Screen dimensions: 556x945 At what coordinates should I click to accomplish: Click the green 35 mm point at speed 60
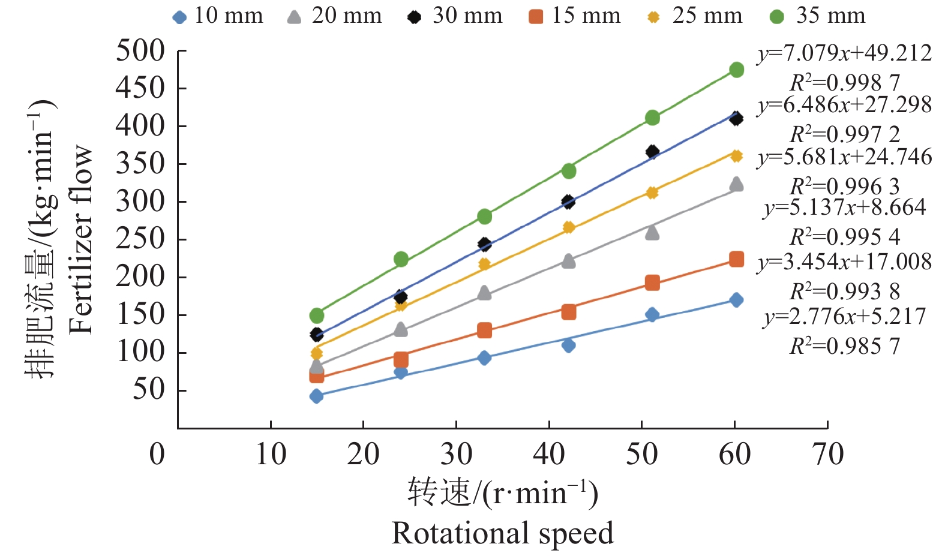[x=736, y=70]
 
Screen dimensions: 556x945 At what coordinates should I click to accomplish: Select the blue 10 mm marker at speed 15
[x=316, y=396]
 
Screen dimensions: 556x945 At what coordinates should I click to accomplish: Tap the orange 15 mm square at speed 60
[x=736, y=259]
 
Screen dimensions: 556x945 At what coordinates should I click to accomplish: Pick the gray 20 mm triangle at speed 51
[x=652, y=233]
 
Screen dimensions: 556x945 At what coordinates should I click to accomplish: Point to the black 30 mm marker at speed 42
[x=568, y=202]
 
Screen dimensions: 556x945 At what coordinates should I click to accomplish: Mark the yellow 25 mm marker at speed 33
[x=484, y=265]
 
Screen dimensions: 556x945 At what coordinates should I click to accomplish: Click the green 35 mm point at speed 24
[x=401, y=259]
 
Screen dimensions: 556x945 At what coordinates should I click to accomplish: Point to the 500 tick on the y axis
[x=140, y=51]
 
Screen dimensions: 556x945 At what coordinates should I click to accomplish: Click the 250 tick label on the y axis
[x=140, y=239]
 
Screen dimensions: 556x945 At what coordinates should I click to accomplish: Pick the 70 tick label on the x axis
[x=827, y=455]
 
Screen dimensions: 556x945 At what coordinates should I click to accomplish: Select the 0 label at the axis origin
[x=157, y=455]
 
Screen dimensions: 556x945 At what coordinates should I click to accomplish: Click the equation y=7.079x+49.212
[x=844, y=53]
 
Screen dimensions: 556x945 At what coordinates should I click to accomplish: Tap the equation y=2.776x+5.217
[x=844, y=316]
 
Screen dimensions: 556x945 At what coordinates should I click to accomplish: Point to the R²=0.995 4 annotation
[x=844, y=238]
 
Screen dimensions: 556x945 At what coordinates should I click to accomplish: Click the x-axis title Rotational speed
[x=502, y=533]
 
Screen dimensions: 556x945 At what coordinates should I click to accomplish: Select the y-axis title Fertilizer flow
[x=81, y=239]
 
